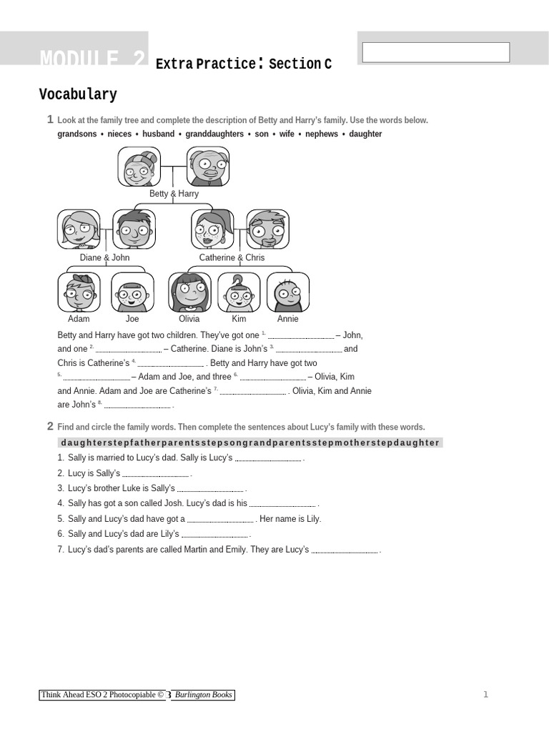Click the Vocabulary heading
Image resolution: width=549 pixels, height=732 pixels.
click(x=78, y=94)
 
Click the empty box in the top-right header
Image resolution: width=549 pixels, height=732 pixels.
click(x=435, y=52)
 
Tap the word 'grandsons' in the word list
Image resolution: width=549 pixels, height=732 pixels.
click(x=77, y=134)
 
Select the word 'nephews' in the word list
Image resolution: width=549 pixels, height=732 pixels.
click(x=322, y=134)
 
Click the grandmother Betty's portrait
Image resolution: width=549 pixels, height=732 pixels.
click(x=139, y=167)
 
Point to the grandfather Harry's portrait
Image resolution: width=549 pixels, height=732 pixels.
click(x=208, y=167)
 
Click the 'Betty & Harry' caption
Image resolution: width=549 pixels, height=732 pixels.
click(x=174, y=194)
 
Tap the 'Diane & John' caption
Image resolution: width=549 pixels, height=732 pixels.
click(x=105, y=257)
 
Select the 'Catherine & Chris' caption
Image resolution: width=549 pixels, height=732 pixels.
click(x=232, y=257)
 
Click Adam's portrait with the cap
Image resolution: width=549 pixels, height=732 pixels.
click(x=79, y=292)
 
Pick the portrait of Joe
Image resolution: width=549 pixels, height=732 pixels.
click(x=132, y=292)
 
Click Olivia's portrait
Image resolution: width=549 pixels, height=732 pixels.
click(x=189, y=292)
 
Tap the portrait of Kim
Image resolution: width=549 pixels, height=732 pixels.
click(x=239, y=292)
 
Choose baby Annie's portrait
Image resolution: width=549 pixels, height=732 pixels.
click(x=288, y=292)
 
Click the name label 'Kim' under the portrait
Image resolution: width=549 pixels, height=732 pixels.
click(x=239, y=319)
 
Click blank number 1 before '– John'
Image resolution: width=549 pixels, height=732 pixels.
click(x=300, y=336)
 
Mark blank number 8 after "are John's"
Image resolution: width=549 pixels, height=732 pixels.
click(x=137, y=406)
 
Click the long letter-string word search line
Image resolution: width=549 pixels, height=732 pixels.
click(x=250, y=442)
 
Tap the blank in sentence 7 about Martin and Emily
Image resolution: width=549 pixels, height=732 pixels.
click(x=345, y=551)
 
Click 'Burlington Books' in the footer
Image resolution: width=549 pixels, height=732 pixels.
click(x=203, y=695)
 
